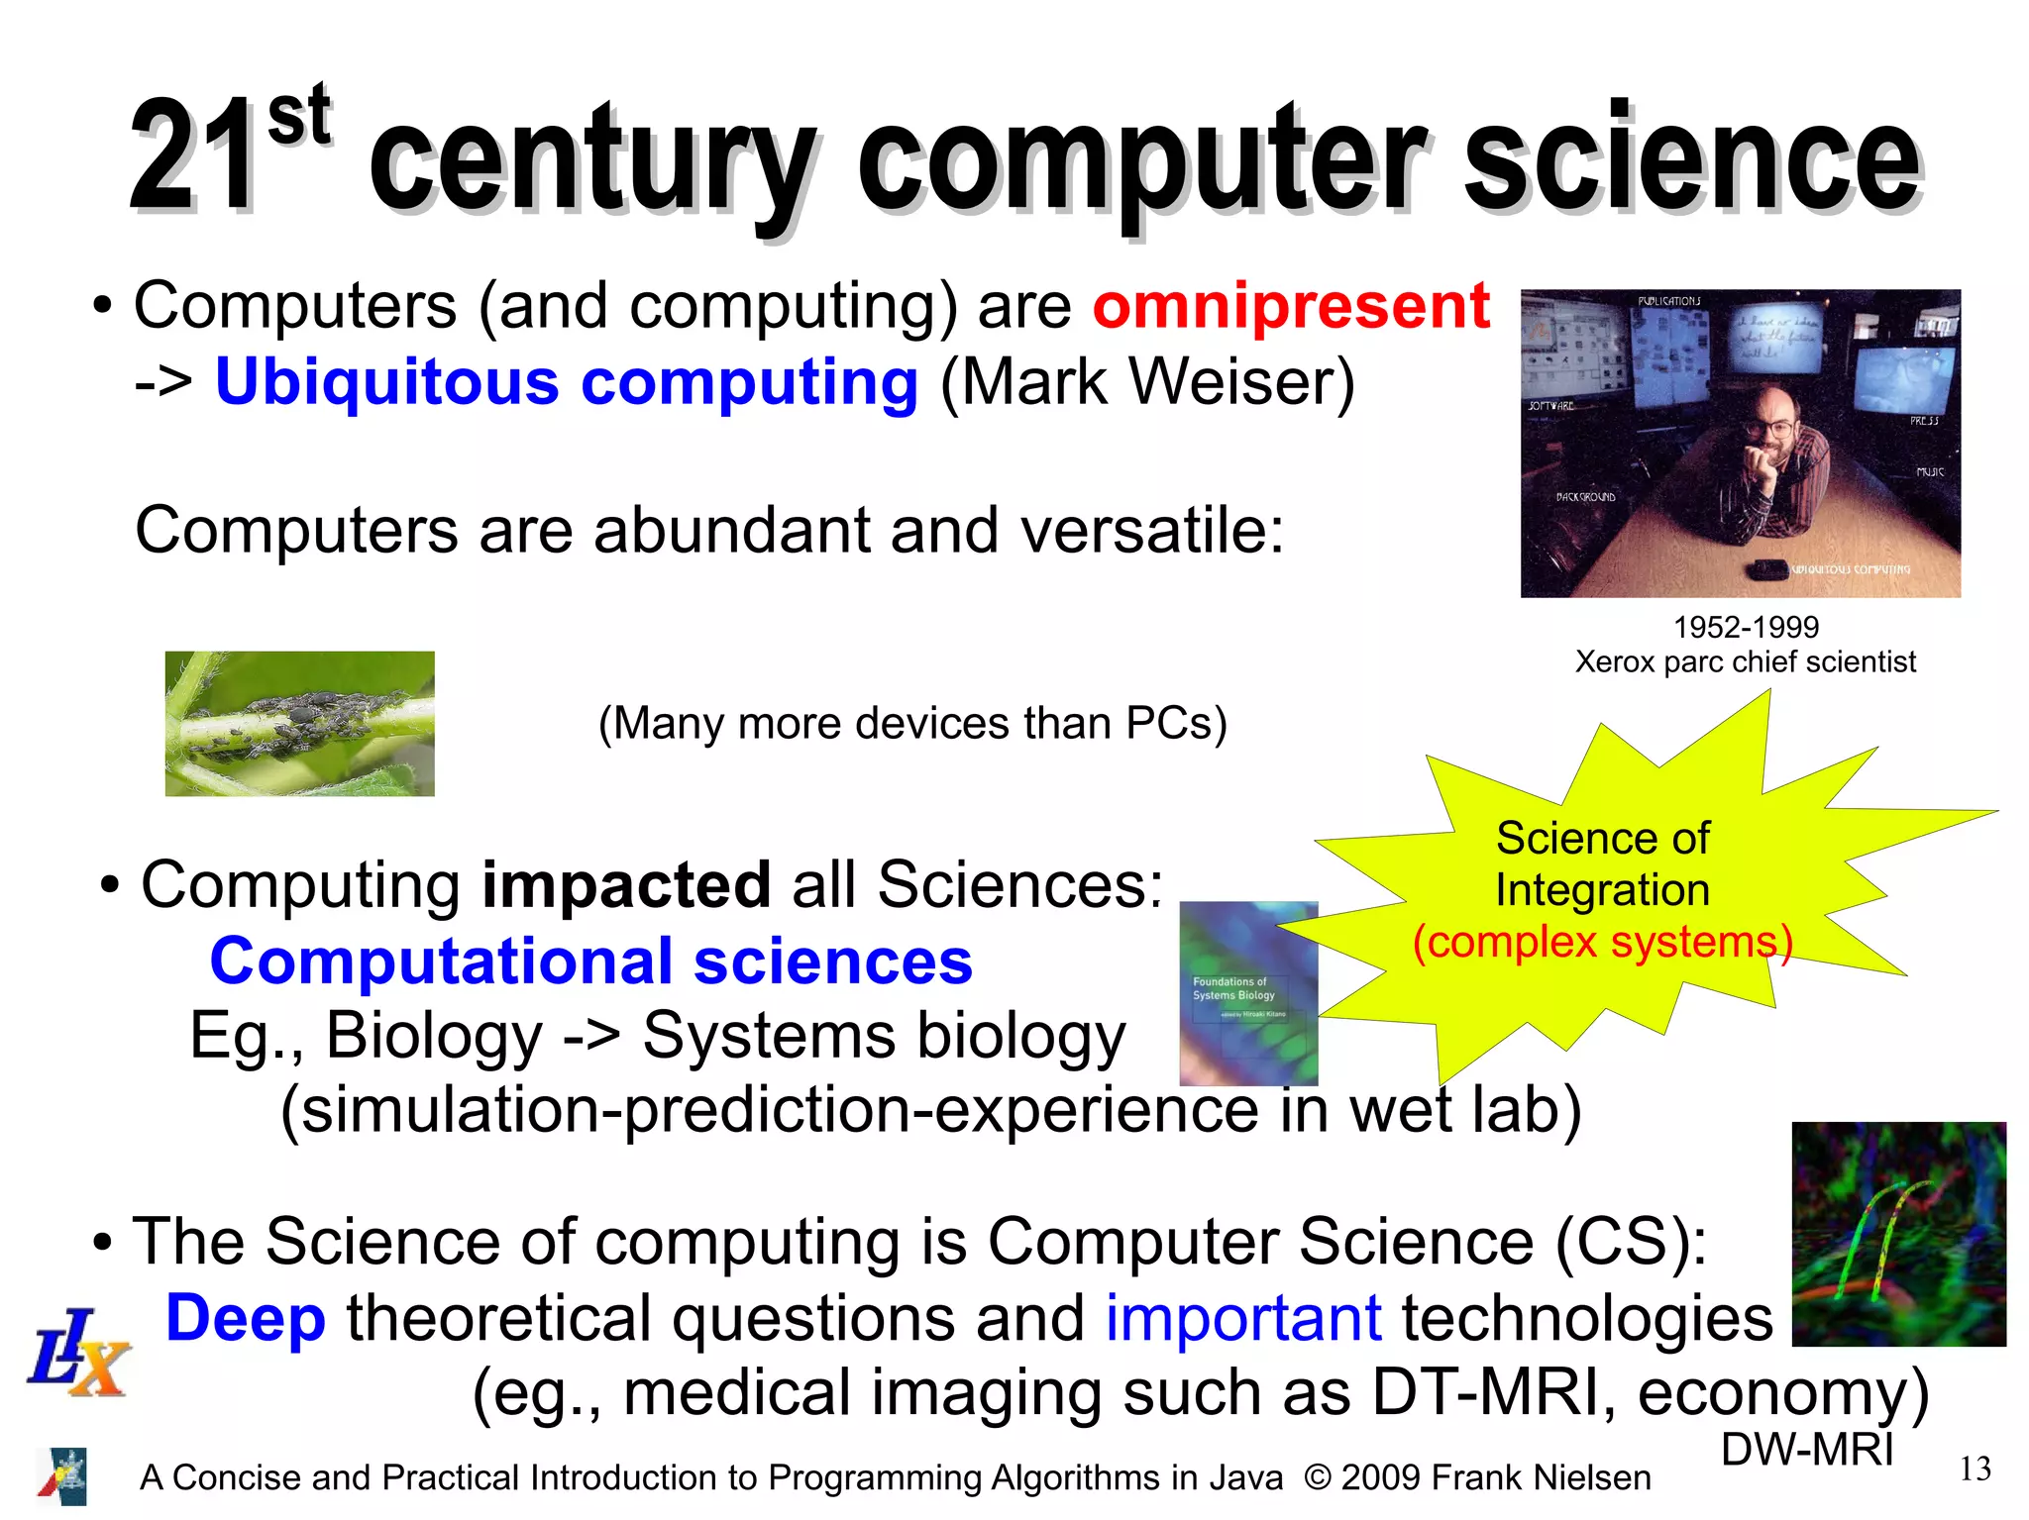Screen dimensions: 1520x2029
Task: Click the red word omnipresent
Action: click(1291, 306)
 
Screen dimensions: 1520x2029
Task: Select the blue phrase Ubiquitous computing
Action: click(566, 382)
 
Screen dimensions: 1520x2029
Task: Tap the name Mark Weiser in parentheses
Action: click(1146, 382)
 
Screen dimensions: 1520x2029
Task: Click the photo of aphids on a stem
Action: click(299, 723)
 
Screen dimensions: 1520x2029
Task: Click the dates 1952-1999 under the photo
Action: click(1746, 627)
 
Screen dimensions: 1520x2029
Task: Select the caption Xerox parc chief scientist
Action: click(1745, 661)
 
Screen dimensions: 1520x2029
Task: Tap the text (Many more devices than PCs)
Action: click(912, 723)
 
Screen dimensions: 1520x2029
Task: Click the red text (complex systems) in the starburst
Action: click(1602, 941)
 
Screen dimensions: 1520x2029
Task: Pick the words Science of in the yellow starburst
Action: click(1602, 838)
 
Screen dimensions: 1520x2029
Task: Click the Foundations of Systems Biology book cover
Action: click(1247, 992)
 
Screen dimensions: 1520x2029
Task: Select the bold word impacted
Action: click(625, 883)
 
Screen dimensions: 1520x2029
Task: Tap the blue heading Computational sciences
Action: click(590, 961)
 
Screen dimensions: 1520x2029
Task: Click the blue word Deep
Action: click(245, 1318)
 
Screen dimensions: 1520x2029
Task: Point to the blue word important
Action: click(1242, 1318)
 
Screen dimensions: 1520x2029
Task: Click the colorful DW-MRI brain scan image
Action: click(1898, 1234)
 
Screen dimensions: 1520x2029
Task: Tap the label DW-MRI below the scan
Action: click(1807, 1450)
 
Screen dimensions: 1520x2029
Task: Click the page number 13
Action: click(1975, 1469)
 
